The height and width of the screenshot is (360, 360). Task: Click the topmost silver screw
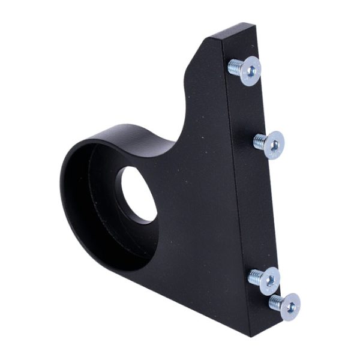pyautogui.click(x=246, y=70)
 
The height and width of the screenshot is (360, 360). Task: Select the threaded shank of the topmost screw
pyautogui.click(x=235, y=67)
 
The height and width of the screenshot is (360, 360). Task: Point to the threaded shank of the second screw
pyautogui.click(x=259, y=142)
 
